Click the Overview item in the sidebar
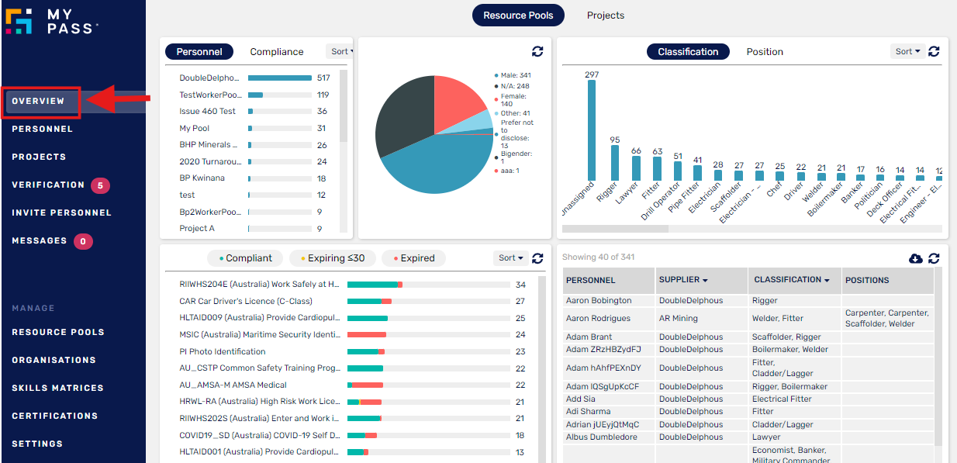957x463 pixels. tap(38, 102)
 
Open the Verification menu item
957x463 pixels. tap(48, 185)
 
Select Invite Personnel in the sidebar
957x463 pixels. tap(61, 212)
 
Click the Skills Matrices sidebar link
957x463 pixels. tap(57, 388)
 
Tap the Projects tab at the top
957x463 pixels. tap(605, 16)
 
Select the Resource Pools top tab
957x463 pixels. tap(518, 16)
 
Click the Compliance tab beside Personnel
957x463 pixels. tap(276, 52)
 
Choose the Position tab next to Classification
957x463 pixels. tap(764, 52)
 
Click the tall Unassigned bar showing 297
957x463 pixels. tap(592, 130)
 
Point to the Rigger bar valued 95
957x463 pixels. tap(614, 163)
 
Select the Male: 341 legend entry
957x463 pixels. tap(515, 75)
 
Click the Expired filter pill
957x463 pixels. tap(413, 258)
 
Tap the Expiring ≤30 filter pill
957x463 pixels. tap(332, 258)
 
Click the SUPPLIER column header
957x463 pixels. tap(682, 280)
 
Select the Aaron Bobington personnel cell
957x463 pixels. tap(599, 301)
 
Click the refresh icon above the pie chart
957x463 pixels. tap(537, 51)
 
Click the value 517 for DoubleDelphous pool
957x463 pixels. tap(323, 78)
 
